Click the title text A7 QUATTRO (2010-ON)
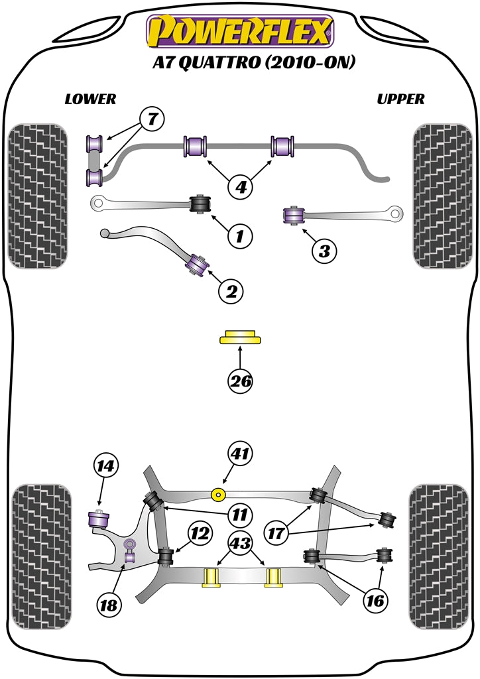pos(240,63)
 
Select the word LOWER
pos(90,99)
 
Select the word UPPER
pos(400,99)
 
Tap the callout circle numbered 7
pos(152,121)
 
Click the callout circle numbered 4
pos(241,188)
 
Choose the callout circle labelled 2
pos(232,290)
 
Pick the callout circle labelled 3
pos(324,251)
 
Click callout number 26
pos(241,381)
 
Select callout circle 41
pos(241,454)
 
